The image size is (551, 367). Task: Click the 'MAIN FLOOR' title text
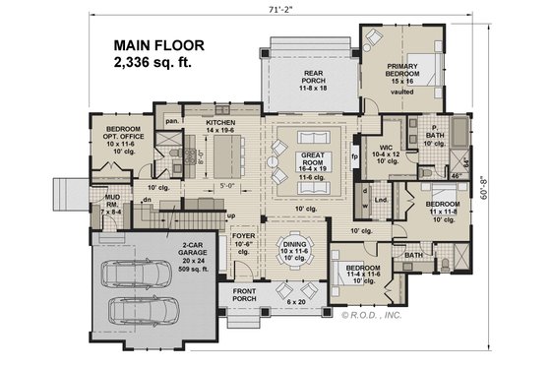[158, 45]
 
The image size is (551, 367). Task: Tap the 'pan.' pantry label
[171, 121]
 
